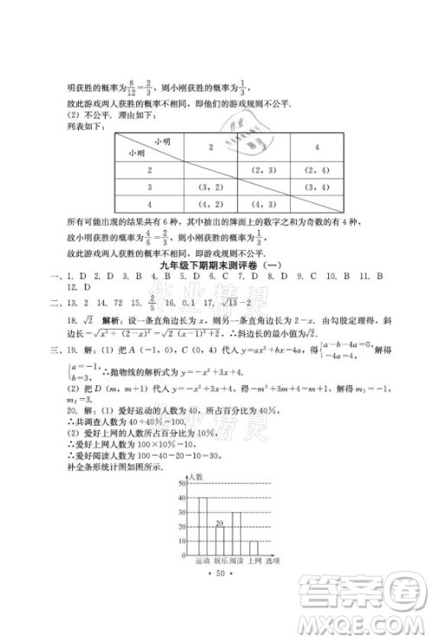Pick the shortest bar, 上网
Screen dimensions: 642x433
[254, 547]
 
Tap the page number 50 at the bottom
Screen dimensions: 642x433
[216, 574]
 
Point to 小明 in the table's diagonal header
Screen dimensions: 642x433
[162, 140]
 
